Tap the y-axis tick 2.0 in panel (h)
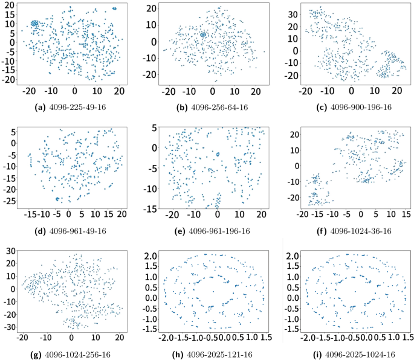[x=151, y=256]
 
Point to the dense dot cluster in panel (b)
[x=204, y=35]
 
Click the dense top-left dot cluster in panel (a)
[x=34, y=24]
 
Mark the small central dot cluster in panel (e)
[x=218, y=154]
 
